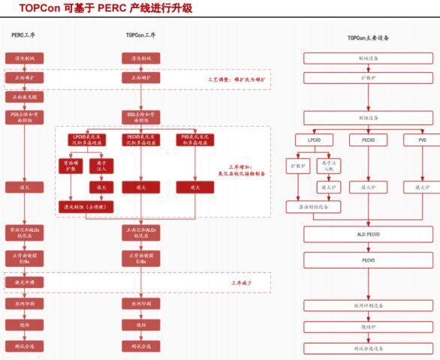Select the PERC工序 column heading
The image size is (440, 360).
click(x=24, y=36)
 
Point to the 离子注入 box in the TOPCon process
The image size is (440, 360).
click(x=102, y=165)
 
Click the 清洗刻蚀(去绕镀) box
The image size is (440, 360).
click(x=85, y=205)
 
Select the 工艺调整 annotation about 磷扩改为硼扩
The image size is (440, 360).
click(x=237, y=78)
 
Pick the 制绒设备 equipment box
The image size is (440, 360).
click(x=368, y=58)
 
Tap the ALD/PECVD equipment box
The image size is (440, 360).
click(x=368, y=235)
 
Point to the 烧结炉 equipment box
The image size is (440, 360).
click(x=368, y=327)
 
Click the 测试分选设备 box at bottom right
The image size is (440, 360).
click(x=368, y=349)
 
